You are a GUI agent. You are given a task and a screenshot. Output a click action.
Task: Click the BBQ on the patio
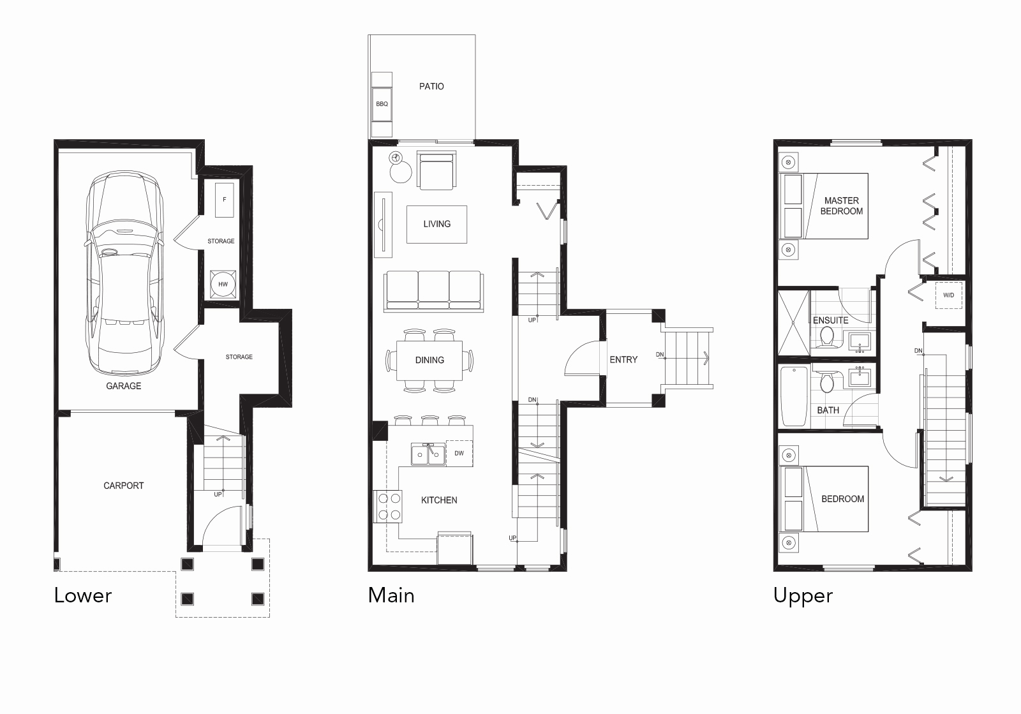(382, 103)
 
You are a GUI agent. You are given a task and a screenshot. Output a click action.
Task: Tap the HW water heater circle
(223, 284)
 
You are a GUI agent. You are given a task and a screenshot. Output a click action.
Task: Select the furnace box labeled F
(225, 200)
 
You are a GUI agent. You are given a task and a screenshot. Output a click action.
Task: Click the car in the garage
(124, 274)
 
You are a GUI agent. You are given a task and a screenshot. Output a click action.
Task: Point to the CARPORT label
(124, 486)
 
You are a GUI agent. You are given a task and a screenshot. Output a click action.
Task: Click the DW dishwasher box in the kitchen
(459, 453)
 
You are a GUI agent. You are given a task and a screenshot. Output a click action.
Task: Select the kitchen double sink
(428, 454)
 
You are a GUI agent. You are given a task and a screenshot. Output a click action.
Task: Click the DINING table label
(429, 360)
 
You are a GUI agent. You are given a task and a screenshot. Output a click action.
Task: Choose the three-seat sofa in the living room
(433, 290)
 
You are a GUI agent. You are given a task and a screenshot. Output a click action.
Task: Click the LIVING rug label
(436, 224)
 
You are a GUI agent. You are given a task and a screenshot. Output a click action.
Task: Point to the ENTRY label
(623, 360)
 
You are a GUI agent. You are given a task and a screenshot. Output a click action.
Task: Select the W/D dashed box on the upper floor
(949, 295)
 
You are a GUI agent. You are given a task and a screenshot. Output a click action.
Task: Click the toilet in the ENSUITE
(827, 336)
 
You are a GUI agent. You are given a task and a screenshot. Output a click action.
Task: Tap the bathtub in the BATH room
(794, 396)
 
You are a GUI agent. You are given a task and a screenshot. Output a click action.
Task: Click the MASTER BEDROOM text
(841, 205)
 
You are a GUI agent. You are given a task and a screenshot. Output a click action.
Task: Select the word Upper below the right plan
(803, 596)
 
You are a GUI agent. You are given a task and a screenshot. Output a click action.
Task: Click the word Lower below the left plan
(83, 596)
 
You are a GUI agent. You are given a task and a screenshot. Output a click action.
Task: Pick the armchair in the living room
(436, 170)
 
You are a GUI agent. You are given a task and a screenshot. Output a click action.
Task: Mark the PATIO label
(431, 86)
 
